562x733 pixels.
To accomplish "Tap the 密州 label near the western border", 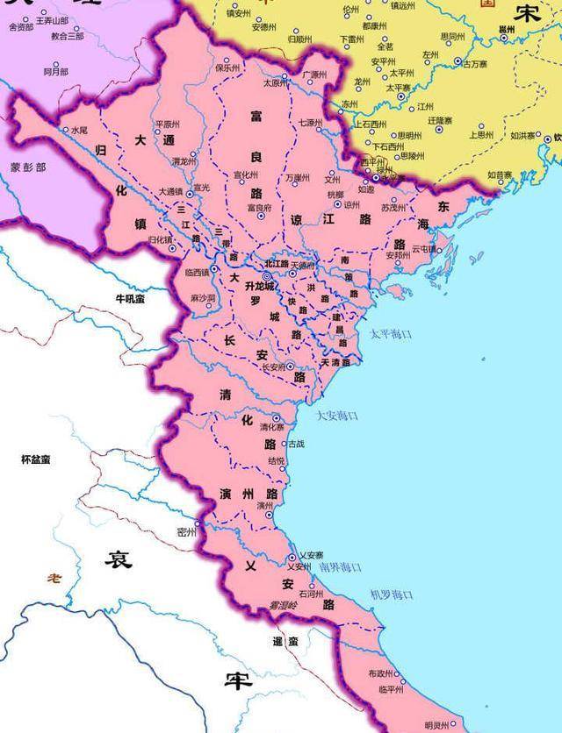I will click(184, 532).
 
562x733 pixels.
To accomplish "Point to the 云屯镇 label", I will click(424, 249).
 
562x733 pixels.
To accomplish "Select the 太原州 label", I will click(276, 83).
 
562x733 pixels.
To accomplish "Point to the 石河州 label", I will click(312, 594).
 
